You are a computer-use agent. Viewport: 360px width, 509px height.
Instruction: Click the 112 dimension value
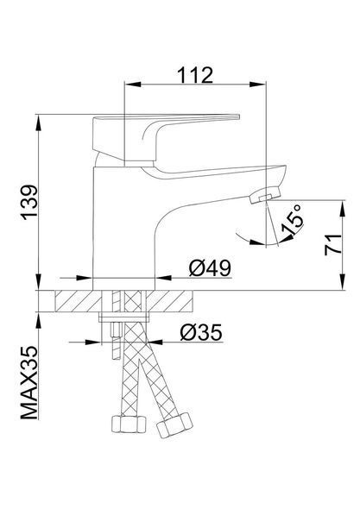click(x=195, y=75)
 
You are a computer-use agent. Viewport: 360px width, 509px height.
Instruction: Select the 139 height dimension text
click(x=29, y=202)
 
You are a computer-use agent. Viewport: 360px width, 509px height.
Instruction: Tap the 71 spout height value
click(x=333, y=244)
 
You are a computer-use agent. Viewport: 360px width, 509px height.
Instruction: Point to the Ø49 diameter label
click(x=210, y=267)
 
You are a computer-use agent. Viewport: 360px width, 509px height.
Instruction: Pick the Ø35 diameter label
click(x=201, y=332)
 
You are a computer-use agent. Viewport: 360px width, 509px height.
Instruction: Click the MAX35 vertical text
click(x=29, y=383)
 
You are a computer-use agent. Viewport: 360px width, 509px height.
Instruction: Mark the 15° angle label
click(x=292, y=220)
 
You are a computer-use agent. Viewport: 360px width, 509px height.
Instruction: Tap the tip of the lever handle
click(x=238, y=116)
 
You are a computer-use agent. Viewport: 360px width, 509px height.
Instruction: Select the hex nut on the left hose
click(x=129, y=424)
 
